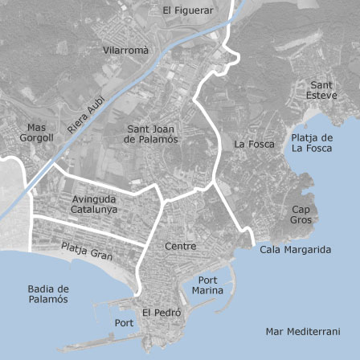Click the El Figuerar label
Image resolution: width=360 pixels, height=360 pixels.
[x=188, y=10]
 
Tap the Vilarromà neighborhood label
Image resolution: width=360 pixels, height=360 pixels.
[x=126, y=50]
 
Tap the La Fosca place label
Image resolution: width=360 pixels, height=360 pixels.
[x=254, y=145]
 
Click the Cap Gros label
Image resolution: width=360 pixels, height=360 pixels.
[x=301, y=214]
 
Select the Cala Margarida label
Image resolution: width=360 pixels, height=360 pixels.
[x=296, y=250]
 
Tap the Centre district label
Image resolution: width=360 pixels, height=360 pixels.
[x=179, y=246]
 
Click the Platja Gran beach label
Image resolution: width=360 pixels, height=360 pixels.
[x=87, y=252]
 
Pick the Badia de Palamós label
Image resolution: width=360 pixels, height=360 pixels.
[x=47, y=293]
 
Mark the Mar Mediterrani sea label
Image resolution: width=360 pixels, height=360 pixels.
[x=302, y=331]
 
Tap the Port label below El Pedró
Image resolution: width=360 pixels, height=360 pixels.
[x=125, y=323]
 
